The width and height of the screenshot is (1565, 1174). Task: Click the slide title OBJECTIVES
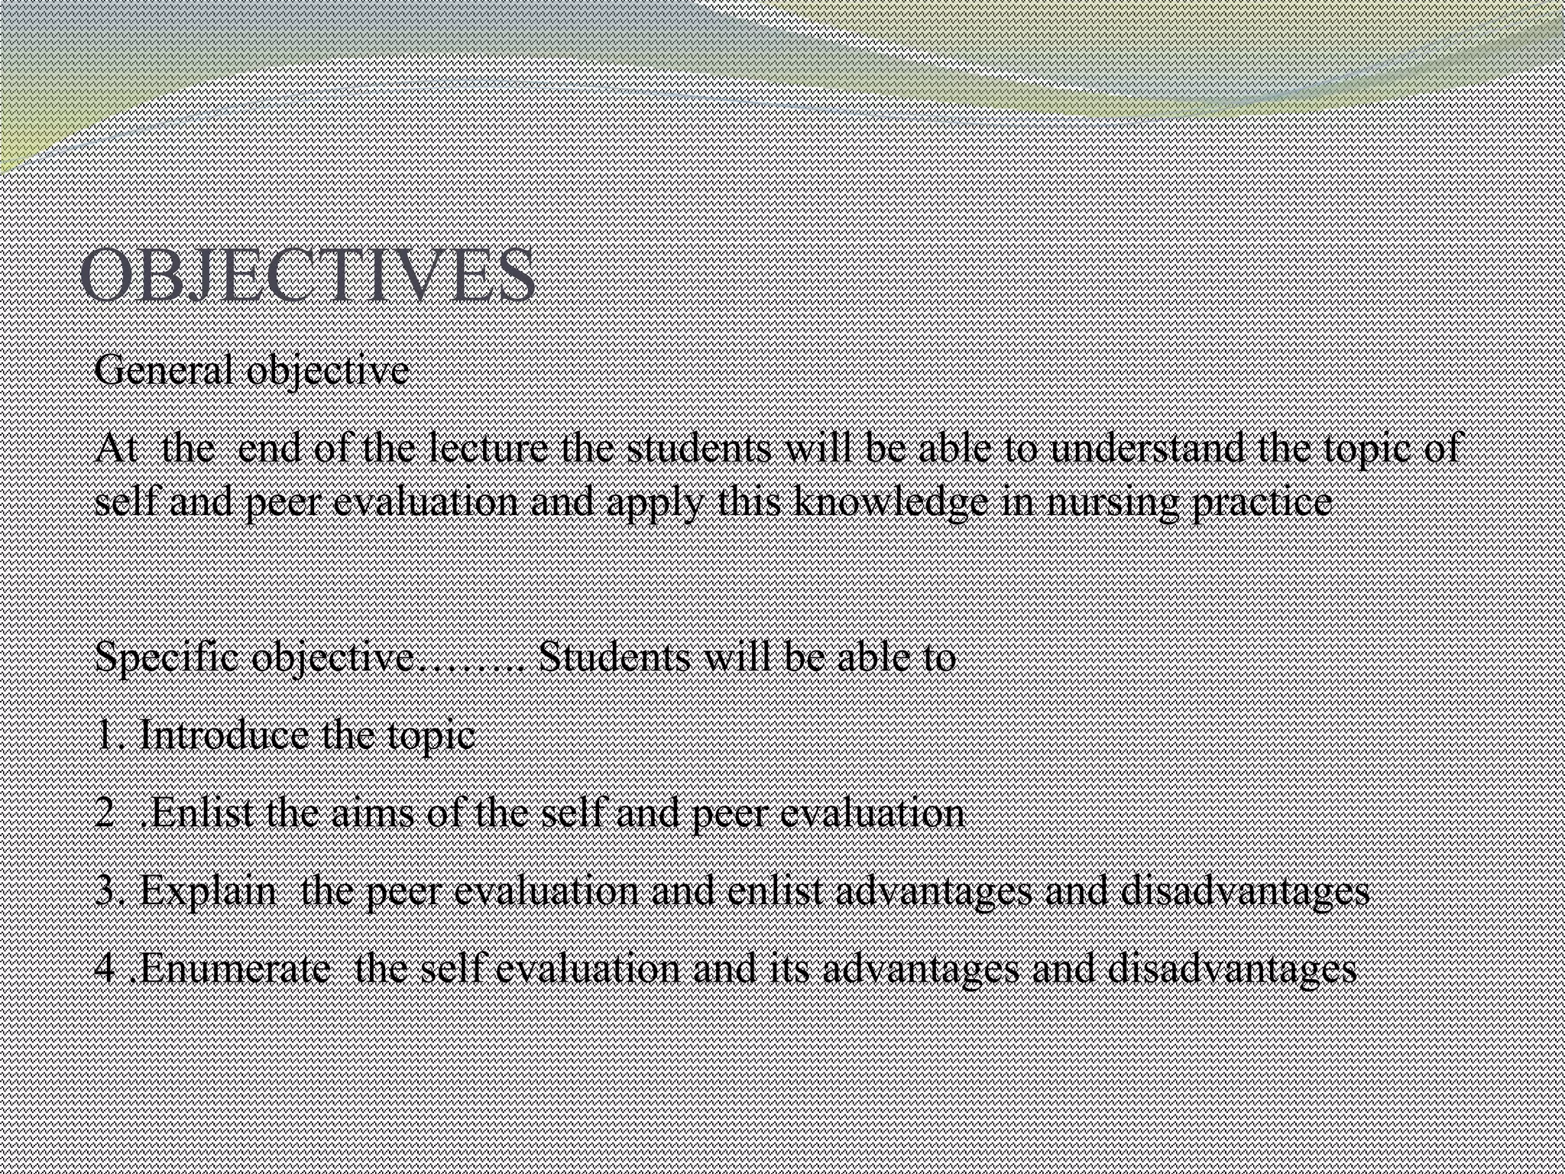click(307, 275)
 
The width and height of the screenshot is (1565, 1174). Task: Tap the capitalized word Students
click(614, 657)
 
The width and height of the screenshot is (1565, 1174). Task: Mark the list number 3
click(105, 891)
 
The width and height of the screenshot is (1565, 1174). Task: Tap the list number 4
click(105, 969)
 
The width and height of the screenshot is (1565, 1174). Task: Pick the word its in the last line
click(795, 969)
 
